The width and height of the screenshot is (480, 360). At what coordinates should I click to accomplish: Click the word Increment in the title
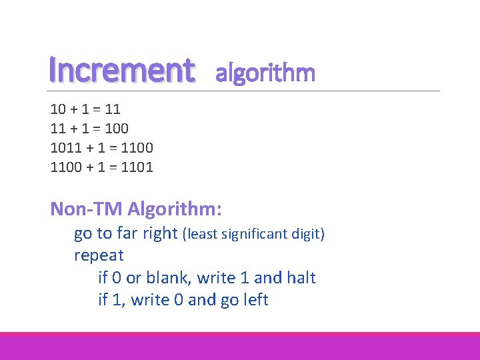(x=122, y=69)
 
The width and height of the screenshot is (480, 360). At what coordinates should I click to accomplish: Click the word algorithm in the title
(x=265, y=73)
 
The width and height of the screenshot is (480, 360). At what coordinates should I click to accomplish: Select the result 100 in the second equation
(x=117, y=127)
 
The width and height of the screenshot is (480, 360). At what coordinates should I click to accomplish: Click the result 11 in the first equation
(x=111, y=108)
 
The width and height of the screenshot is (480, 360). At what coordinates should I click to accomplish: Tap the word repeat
(x=99, y=255)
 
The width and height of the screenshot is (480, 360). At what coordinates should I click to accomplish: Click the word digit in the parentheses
(x=309, y=234)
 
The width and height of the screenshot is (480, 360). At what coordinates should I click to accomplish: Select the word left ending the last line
(x=255, y=299)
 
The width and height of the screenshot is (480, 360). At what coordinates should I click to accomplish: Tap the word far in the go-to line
(x=127, y=233)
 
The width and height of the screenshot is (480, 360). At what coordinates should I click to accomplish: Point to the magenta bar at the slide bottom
(x=240, y=346)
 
